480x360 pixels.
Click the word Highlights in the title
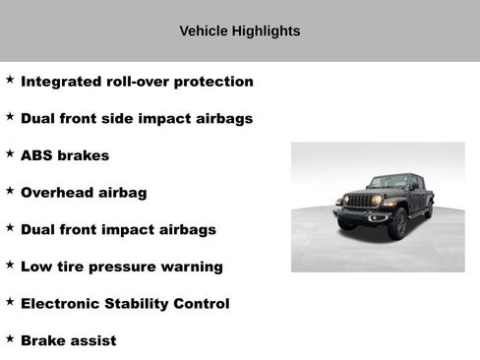[x=266, y=31]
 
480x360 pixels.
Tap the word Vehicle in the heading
[x=204, y=31]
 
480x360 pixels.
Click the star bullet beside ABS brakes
[x=10, y=153]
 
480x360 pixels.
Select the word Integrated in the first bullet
[x=63, y=82]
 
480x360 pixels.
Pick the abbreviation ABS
[x=36, y=155]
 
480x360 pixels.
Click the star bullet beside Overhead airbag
[x=10, y=190]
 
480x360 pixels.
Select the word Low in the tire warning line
[x=35, y=267]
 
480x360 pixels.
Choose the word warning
[x=192, y=267]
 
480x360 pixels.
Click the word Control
[x=205, y=304]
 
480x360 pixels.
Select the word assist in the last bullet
[x=93, y=340]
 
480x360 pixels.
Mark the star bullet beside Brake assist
[x=10, y=338]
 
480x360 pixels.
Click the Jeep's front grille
[x=360, y=202]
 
